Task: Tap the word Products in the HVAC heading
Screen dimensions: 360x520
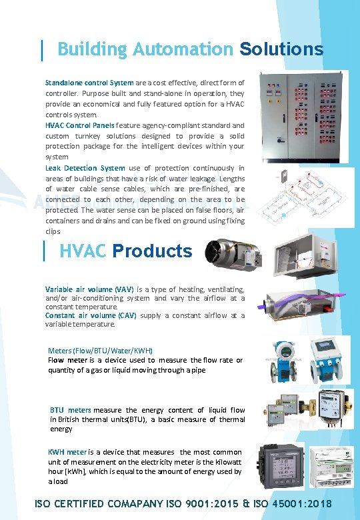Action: [152, 251]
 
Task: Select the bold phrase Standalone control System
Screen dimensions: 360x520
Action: [89, 83]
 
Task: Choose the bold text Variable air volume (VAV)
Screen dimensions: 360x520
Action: [89, 289]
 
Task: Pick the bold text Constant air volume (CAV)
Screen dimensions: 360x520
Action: [91, 315]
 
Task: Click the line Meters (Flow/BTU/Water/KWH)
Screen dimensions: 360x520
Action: [101, 351]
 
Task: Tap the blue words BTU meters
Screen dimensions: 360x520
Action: [71, 410]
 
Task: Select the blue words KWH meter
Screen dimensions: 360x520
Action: [67, 452]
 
